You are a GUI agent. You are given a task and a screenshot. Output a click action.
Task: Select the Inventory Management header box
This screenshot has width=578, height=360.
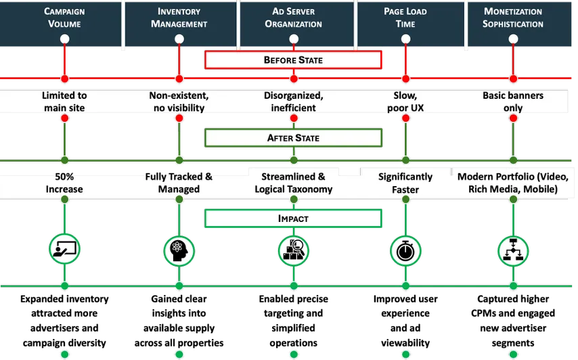point(179,18)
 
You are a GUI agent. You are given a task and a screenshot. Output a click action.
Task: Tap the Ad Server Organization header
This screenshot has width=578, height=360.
point(294,18)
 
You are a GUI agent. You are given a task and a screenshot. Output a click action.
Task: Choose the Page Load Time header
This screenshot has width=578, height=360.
point(405,18)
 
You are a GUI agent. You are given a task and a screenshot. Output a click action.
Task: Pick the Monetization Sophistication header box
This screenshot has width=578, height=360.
point(513,18)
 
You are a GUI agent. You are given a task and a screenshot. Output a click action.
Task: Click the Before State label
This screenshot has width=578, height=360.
point(293,60)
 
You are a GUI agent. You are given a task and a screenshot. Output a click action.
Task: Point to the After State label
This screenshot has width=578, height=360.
point(293,138)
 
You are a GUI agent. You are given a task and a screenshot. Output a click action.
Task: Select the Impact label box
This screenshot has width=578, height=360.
point(293,219)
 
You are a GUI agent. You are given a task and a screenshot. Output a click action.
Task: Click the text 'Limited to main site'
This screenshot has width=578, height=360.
point(64,102)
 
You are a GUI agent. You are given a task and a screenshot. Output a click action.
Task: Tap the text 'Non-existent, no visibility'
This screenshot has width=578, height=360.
point(179,102)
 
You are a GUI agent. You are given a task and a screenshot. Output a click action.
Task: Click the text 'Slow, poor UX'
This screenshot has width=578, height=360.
point(405,102)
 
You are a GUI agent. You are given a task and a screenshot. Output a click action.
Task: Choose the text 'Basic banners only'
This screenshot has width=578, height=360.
point(513,102)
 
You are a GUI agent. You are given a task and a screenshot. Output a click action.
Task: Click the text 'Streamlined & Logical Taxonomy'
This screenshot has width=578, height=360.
point(294,183)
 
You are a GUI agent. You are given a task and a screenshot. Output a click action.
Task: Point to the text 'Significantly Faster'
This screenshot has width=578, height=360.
point(405,183)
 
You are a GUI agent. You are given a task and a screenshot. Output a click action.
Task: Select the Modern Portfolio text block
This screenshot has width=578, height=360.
point(513,183)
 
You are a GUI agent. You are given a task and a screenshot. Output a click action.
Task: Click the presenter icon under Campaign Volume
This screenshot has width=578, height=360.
point(65,250)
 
